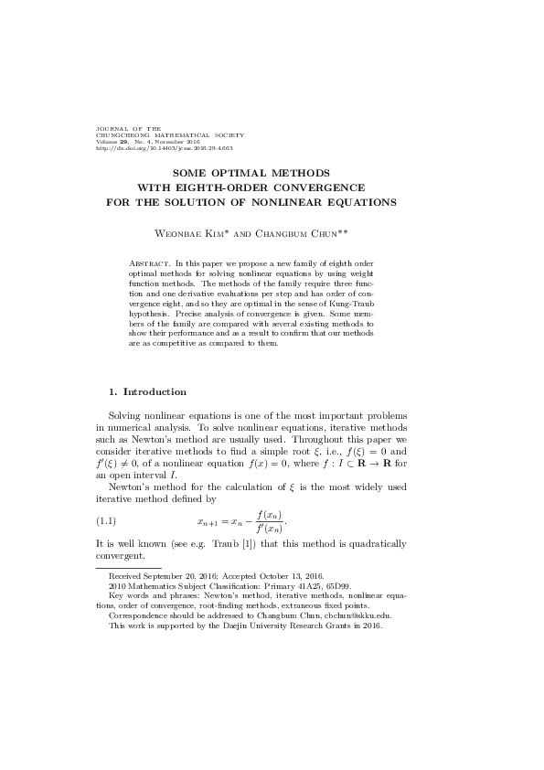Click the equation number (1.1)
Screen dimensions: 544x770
tap(108, 522)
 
